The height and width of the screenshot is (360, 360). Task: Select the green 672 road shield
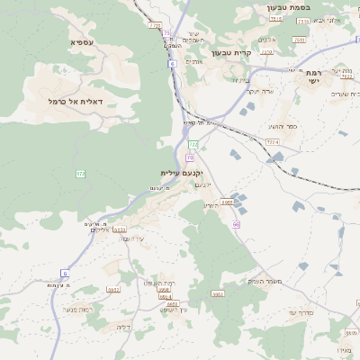[80, 173]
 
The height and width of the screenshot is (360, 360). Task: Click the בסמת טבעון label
[289, 8]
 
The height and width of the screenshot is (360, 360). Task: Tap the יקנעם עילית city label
[183, 172]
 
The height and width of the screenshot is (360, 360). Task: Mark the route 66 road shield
[236, 224]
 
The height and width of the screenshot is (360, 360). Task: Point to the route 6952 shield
[113, 289]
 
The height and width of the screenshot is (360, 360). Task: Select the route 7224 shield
[272, 142]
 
